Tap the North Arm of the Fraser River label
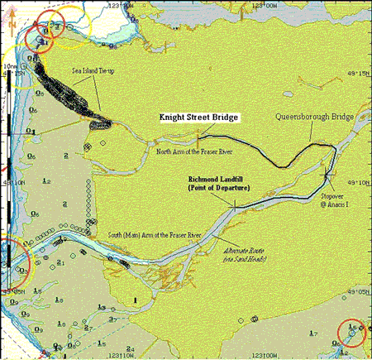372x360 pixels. (193, 151)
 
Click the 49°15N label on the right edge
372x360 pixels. (360, 71)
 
